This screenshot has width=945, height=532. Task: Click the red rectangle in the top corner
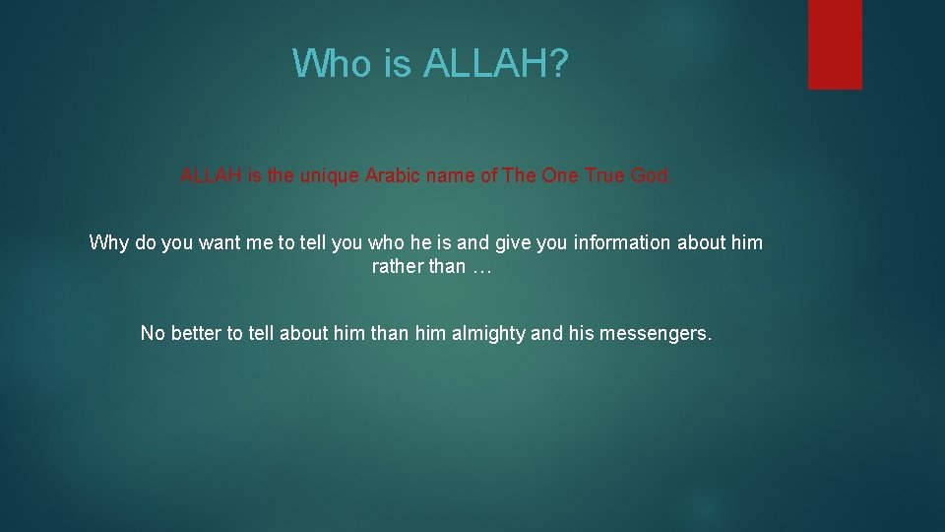coord(835,44)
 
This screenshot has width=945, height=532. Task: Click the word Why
coord(108,242)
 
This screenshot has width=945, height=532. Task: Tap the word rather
coord(395,267)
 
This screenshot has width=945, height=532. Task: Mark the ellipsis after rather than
coord(480,267)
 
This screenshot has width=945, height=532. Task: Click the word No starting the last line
coord(153,333)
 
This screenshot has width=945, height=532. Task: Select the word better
coord(197,333)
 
